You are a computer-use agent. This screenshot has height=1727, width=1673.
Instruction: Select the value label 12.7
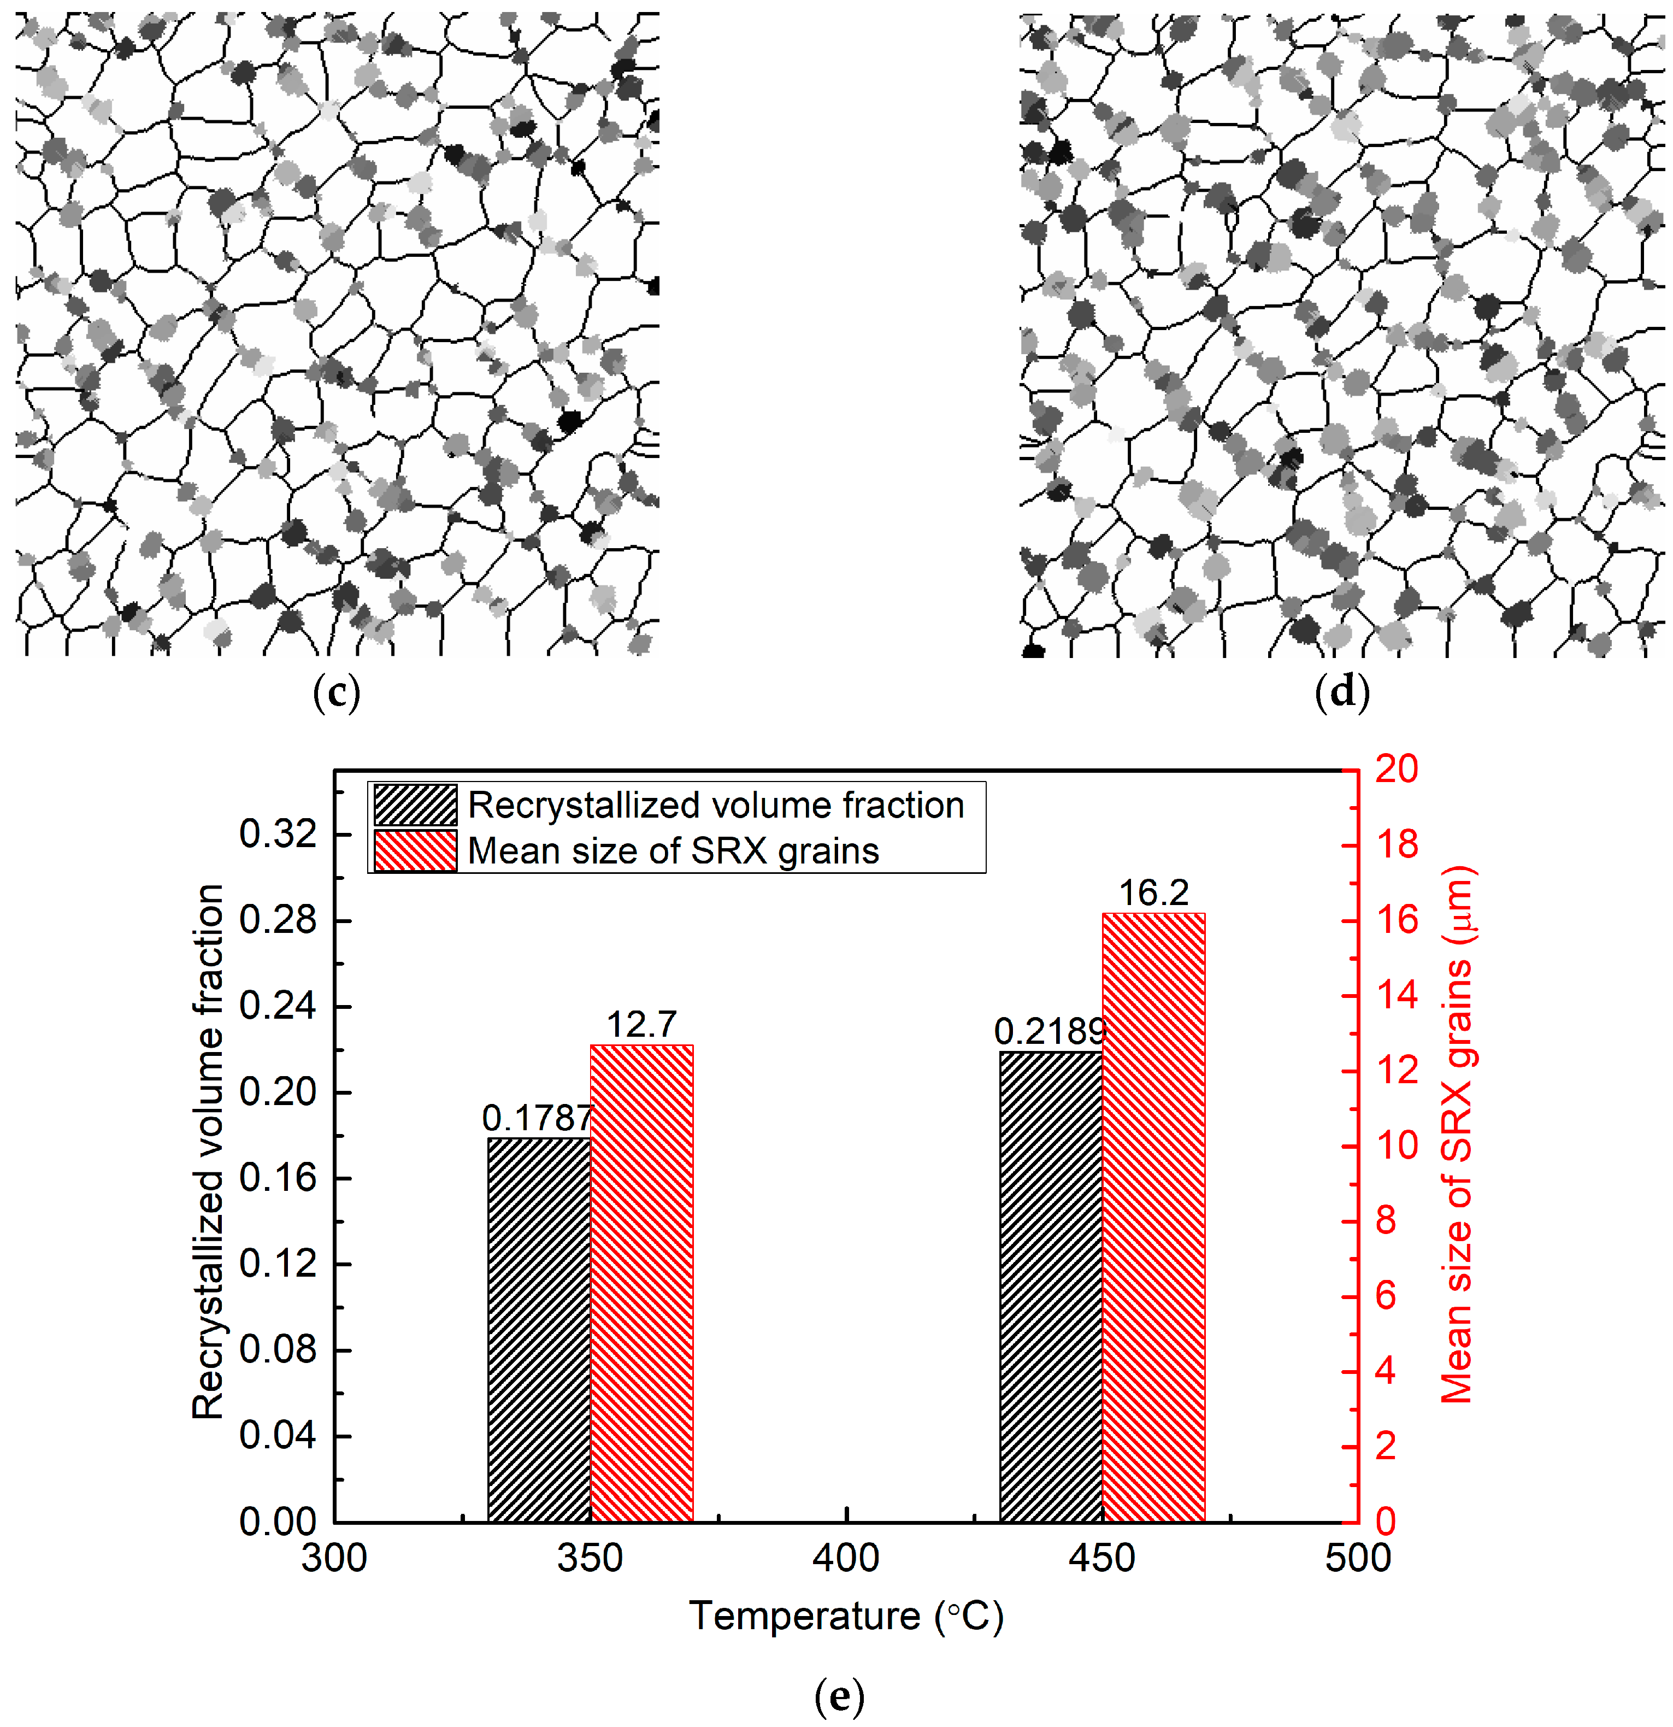tap(641, 1025)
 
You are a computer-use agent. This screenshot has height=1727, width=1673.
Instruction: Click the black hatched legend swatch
tap(415, 804)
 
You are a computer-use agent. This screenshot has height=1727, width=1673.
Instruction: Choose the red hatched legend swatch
tap(415, 851)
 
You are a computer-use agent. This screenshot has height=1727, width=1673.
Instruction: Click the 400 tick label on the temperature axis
tap(846, 1558)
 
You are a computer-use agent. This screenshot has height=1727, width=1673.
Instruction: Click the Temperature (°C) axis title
tap(846, 1616)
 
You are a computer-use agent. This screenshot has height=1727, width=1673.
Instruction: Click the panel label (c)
tap(337, 694)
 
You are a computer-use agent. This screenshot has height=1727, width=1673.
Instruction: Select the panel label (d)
tap(1342, 694)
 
